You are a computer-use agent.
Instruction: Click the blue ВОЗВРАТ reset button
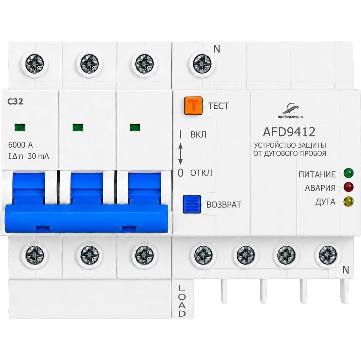(192, 204)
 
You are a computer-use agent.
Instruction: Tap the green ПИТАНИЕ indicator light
(348, 173)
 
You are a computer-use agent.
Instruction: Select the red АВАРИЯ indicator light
(348, 187)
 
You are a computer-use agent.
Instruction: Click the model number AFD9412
(289, 132)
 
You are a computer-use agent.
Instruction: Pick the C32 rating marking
(15, 101)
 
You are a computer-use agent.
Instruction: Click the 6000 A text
(20, 145)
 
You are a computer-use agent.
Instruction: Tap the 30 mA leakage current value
(38, 156)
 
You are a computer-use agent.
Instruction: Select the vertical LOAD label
(182, 301)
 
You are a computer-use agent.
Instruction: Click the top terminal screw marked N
(202, 63)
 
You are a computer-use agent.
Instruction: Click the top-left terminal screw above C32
(35, 63)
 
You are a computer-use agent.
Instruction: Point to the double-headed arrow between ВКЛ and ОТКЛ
(180, 154)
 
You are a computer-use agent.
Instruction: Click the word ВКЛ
(199, 134)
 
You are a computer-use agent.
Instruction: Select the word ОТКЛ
(201, 173)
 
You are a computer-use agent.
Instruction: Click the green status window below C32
(19, 127)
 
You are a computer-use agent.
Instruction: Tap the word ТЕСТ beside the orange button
(218, 106)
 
